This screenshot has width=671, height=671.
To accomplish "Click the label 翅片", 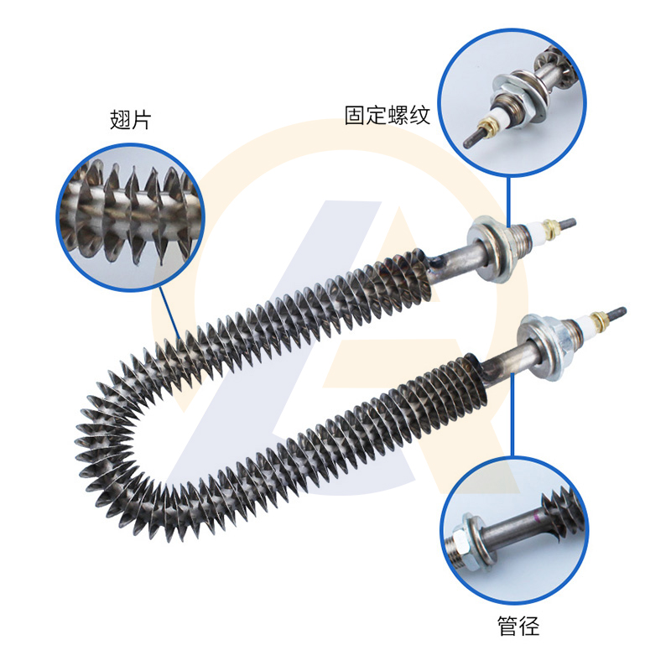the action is (131, 120).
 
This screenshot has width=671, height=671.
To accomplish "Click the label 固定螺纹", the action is (388, 115).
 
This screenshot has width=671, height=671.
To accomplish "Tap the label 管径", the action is (518, 626).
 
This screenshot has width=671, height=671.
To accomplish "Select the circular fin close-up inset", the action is (131, 218).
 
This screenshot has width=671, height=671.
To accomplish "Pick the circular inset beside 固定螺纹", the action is (512, 102).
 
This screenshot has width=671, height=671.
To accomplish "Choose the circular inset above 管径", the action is (514, 530).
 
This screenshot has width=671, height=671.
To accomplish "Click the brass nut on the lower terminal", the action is (598, 320).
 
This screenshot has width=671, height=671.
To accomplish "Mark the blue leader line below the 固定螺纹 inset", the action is (509, 201).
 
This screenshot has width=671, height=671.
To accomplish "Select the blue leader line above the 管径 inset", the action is (512, 414).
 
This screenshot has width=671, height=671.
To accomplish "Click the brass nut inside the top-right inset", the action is (486, 127).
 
